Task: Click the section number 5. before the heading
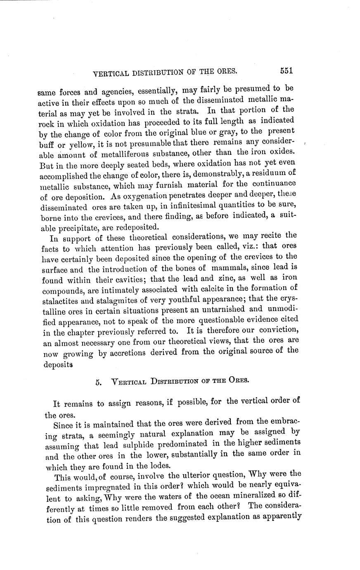98,382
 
